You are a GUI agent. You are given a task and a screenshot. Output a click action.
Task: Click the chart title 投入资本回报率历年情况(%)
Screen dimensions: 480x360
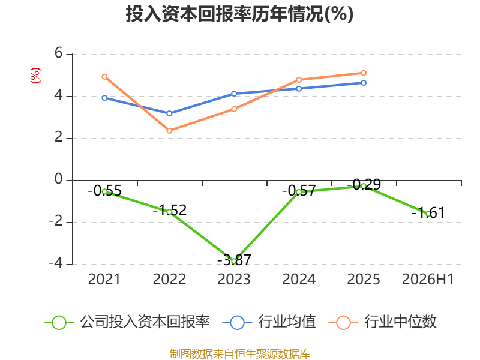tap(239, 14)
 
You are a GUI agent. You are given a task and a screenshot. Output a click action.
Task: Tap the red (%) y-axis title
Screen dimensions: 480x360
tap(35, 76)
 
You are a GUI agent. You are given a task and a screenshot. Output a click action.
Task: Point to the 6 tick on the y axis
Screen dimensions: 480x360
tap(58, 53)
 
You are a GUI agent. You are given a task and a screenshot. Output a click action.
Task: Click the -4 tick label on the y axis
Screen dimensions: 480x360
tap(55, 263)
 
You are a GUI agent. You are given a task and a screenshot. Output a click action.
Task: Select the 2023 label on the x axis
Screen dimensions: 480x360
tap(234, 280)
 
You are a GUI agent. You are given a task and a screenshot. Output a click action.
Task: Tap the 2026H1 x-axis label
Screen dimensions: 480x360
tap(428, 280)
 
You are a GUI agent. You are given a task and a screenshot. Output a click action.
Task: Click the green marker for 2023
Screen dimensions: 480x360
tap(234, 261)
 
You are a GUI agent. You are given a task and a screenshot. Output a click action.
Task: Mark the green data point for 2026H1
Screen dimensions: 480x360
tap(428, 214)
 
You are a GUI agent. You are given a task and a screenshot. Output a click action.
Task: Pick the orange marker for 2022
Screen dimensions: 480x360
tap(169, 131)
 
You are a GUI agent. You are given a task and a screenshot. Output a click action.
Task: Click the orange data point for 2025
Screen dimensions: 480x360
tap(364, 73)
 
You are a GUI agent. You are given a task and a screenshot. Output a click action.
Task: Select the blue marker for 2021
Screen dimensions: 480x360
tap(104, 98)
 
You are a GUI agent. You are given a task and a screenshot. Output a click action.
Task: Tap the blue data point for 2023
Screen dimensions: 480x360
tap(234, 94)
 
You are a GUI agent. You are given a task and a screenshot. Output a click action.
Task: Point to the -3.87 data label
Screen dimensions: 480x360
tap(234, 260)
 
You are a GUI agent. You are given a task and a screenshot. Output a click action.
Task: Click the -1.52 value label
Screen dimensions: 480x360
tap(170, 211)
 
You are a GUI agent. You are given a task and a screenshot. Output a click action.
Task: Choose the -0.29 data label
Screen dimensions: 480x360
tap(364, 185)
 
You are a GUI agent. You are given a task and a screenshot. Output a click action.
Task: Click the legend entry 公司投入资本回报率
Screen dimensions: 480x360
tap(127, 322)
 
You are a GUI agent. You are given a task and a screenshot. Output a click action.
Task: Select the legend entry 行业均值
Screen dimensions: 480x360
tap(269, 322)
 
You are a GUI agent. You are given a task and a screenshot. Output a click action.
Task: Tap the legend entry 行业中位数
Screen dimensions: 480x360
tap(382, 322)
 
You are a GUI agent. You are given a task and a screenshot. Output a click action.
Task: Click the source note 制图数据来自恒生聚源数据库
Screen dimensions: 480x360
tap(239, 354)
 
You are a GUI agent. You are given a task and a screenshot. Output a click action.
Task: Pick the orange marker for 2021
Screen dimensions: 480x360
tap(104, 77)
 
